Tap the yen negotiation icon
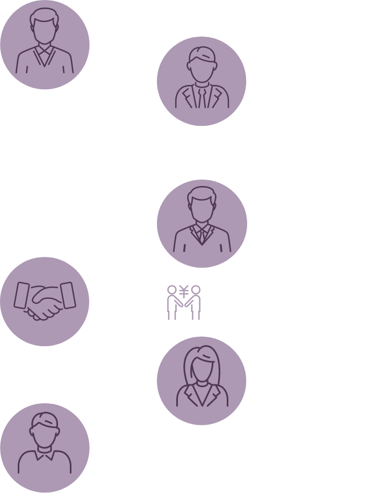coord(183,303)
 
